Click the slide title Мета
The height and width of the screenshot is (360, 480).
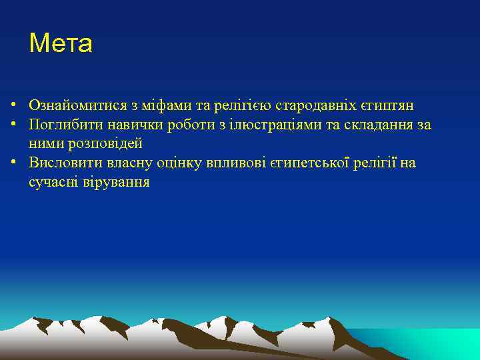61,44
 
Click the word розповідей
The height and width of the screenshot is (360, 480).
103,143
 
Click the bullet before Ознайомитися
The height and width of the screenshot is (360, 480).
13,106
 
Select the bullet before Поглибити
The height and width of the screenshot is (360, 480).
13,125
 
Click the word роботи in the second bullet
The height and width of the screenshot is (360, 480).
185,125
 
